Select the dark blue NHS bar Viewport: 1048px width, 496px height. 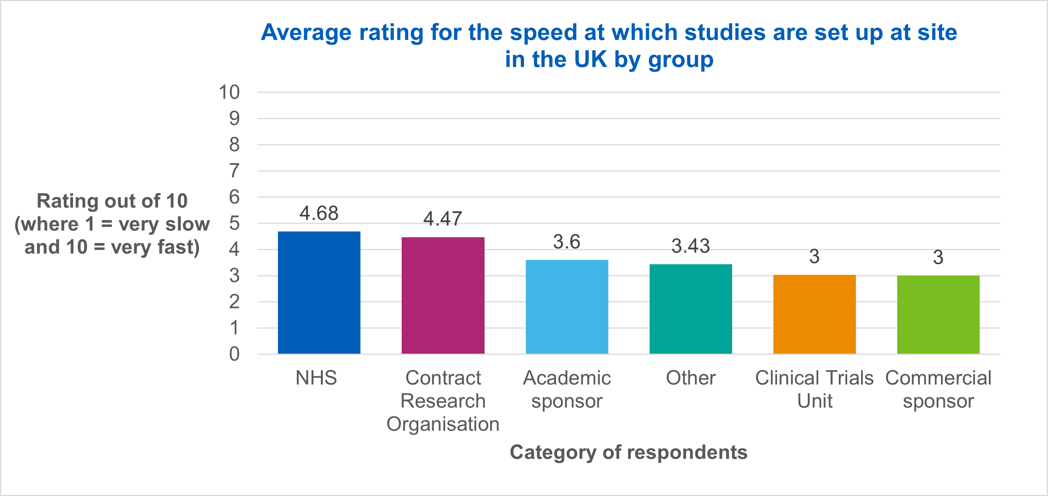319,293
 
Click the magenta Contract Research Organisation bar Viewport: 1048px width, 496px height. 443,296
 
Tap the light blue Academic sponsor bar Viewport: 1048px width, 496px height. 567,307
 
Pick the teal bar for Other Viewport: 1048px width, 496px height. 691,309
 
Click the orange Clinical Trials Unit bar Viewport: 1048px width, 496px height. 814,314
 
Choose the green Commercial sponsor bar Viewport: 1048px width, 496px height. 938,315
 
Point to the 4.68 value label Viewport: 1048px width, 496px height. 319,213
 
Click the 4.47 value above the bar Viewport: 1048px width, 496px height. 443,219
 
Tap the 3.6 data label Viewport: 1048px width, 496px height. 566,242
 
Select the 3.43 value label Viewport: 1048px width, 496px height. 691,246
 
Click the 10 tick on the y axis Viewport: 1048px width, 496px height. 229,92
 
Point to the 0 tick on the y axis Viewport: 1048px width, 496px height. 234,354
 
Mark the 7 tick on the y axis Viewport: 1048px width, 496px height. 234,171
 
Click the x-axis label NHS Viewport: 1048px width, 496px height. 316,378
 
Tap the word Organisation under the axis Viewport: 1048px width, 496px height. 443,424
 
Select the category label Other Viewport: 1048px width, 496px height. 691,378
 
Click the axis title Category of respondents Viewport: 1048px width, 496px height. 628,452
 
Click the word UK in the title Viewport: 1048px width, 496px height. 590,59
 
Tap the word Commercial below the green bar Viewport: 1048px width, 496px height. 938,378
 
